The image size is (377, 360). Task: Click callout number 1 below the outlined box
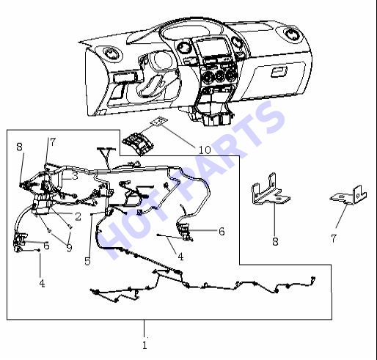coord(144,345)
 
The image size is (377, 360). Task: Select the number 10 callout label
coord(205,150)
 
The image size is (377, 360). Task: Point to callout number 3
coord(75,176)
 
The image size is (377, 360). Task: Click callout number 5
coord(87,261)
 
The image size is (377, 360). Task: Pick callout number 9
coord(70,248)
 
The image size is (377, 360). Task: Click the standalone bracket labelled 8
coord(271,190)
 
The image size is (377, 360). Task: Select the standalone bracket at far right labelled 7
coord(349,196)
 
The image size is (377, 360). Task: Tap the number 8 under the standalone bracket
coord(275,242)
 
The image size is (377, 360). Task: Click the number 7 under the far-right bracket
coord(334,238)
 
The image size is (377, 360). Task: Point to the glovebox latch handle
coord(279,72)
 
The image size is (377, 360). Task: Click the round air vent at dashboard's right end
coord(292,34)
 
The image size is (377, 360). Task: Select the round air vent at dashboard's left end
coord(111,54)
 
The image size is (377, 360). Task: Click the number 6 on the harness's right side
coord(222,231)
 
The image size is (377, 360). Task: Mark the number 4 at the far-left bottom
coord(42,284)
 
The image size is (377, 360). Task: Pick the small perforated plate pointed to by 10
coord(159,122)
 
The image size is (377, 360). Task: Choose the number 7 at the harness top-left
coord(53,142)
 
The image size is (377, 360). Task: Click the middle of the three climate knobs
coord(220,75)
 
